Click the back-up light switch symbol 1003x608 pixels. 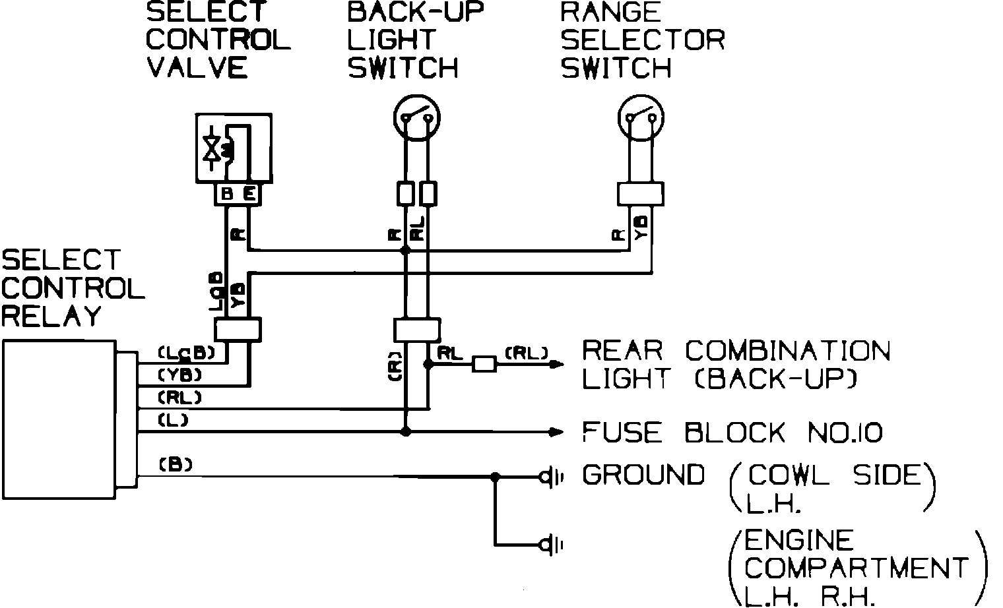point(416,118)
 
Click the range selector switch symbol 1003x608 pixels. point(641,118)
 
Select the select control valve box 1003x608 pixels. point(234,148)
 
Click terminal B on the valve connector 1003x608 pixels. point(227,194)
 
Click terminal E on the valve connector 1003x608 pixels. point(249,194)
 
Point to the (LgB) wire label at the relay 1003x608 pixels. point(186,353)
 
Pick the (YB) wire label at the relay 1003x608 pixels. point(179,375)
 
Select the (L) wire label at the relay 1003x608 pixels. point(174,419)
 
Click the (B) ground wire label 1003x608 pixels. point(176,464)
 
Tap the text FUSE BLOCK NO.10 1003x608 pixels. point(732,433)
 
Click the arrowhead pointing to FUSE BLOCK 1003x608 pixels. point(558,433)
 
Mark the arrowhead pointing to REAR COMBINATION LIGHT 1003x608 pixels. point(558,364)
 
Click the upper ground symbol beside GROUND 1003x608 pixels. point(549,475)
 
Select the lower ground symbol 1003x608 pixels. point(549,545)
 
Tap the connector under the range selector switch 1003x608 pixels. point(640,194)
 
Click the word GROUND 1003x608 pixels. point(643,475)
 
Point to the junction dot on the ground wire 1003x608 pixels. point(496,475)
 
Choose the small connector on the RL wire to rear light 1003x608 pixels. point(484,364)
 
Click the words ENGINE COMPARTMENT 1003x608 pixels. point(856,555)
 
